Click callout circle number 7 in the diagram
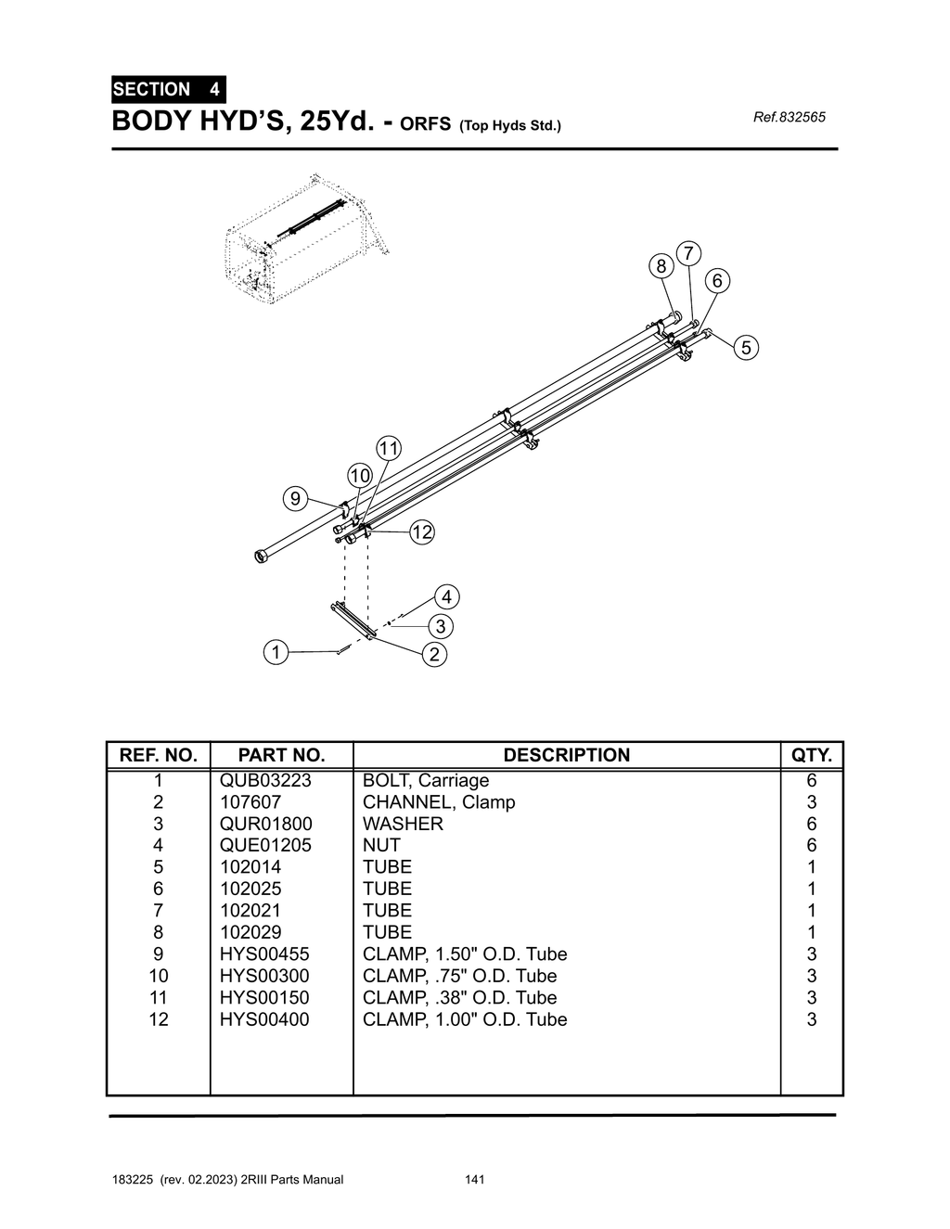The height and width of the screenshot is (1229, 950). (x=688, y=253)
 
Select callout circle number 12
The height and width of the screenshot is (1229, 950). (x=422, y=532)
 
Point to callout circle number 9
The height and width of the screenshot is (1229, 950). (x=295, y=499)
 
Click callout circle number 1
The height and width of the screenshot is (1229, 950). (x=276, y=652)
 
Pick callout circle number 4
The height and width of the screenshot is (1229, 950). (x=446, y=596)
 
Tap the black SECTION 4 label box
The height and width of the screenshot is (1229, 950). (x=168, y=90)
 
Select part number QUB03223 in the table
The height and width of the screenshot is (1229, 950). (x=265, y=780)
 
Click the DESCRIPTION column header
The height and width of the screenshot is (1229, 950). (x=566, y=755)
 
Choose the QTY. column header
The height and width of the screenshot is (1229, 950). (x=811, y=755)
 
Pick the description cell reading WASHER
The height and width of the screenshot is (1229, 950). (x=403, y=824)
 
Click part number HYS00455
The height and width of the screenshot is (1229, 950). (x=264, y=954)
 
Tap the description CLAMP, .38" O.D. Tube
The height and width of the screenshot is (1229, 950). (x=459, y=998)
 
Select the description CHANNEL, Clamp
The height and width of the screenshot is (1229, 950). (x=439, y=802)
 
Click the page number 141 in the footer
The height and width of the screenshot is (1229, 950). (x=474, y=1180)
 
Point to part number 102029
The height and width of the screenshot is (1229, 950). (x=250, y=932)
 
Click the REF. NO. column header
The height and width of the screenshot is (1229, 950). (x=159, y=755)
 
